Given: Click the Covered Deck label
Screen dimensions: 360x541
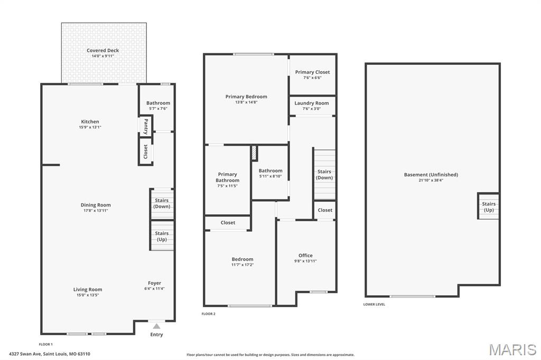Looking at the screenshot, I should click(x=103, y=51).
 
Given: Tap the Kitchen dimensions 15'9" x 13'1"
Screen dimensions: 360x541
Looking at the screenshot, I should click(x=90, y=127).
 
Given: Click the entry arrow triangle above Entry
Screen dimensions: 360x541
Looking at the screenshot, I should click(x=156, y=326).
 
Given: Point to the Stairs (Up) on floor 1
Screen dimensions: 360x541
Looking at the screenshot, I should click(x=162, y=236).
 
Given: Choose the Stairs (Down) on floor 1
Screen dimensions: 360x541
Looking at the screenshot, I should click(x=162, y=203).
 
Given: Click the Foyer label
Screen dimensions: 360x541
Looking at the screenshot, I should click(x=154, y=283).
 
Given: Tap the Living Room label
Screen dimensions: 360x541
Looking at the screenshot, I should click(x=88, y=289).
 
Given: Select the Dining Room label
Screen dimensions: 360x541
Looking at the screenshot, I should click(x=96, y=205).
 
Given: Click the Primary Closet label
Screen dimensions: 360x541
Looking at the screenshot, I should click(x=312, y=72).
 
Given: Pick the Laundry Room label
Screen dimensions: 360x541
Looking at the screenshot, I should click(x=312, y=103).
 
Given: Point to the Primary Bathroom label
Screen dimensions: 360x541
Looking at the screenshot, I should click(x=227, y=177).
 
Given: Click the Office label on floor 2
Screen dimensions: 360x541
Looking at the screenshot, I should click(x=305, y=255).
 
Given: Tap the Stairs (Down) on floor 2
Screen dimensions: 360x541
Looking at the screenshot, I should click(x=324, y=174).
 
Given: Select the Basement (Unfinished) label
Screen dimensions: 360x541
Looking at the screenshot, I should click(x=431, y=175).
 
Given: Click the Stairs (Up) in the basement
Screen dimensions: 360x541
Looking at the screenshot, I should click(x=489, y=207).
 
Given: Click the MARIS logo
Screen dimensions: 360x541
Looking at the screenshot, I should click(x=512, y=349).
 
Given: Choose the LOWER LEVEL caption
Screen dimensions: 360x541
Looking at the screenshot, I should click(x=374, y=305).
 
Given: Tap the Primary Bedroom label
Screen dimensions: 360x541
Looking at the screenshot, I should click(x=246, y=97).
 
